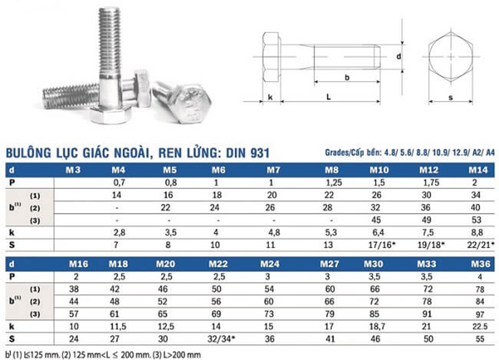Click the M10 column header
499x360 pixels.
(379, 170)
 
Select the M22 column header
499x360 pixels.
(218, 264)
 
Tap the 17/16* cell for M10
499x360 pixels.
(382, 245)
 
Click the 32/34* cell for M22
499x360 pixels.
(221, 338)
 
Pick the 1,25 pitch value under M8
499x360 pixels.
(333, 183)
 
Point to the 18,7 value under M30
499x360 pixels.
(377, 326)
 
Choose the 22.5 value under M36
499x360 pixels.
(480, 326)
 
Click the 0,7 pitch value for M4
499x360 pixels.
(119, 183)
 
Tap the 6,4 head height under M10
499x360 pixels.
(378, 232)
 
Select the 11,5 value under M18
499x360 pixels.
(118, 326)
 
